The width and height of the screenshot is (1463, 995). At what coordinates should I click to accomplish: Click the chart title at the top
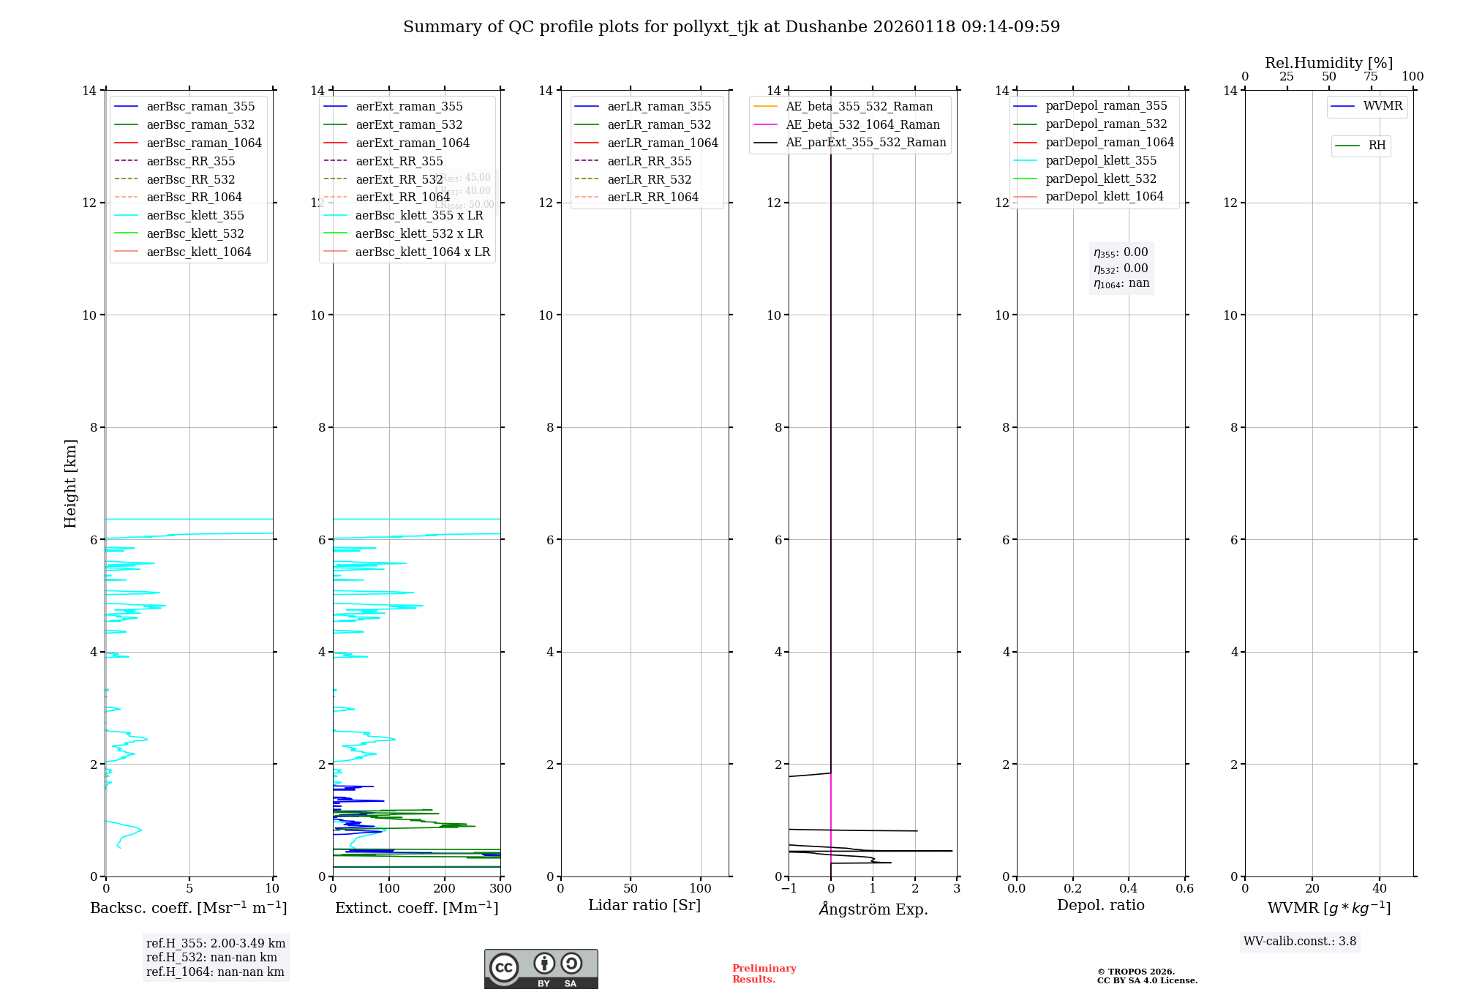731,27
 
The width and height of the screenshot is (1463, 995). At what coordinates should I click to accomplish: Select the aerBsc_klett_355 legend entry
195,215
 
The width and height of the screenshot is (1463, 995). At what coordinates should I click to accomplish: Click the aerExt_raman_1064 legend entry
413,143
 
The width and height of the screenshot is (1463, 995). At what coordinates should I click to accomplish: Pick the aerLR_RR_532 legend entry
649,179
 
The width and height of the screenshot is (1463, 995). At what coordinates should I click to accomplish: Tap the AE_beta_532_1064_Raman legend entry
862,124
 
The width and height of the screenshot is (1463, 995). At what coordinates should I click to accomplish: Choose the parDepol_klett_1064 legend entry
1104,196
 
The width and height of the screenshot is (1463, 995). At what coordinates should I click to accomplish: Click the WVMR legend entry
1383,106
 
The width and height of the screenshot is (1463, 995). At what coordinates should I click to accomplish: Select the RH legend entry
1377,146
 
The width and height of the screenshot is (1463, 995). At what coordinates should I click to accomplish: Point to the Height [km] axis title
70,483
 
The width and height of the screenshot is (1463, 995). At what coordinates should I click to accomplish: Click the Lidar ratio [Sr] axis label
644,905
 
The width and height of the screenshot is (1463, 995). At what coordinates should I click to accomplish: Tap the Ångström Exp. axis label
873,909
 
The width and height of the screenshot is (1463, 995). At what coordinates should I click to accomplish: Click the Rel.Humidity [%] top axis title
1328,63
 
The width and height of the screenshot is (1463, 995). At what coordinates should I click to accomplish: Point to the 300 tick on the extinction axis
500,888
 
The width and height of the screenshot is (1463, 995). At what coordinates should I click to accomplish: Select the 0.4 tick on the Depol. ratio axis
1129,888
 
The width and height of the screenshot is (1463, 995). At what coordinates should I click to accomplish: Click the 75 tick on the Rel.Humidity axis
1371,77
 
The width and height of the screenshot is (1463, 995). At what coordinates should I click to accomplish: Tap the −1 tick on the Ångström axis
789,888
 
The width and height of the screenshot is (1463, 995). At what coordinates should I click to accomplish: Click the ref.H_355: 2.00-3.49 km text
216,943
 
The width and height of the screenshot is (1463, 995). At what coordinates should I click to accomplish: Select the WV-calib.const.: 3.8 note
1300,942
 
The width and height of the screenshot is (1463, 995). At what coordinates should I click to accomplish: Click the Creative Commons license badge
541,969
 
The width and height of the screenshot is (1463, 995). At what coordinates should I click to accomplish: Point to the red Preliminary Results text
764,974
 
